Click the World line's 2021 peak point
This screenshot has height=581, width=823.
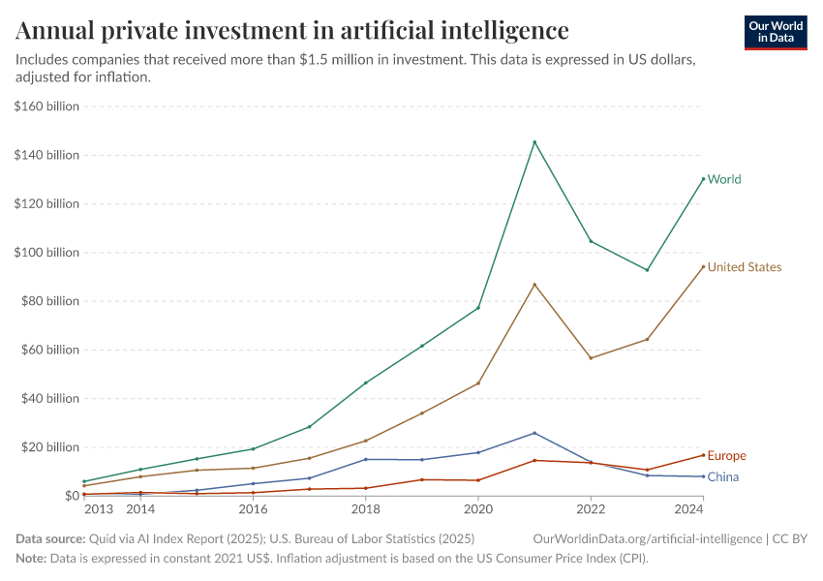pos(534,142)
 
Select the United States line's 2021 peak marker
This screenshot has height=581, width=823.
pos(534,285)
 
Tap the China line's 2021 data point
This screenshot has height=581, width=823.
pos(534,433)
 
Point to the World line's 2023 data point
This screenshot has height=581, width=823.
pos(647,270)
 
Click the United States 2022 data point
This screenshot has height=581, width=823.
pos(591,358)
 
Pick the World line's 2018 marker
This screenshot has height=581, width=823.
pos(365,382)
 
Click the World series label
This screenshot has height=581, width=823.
pos(724,179)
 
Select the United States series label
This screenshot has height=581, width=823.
pos(744,267)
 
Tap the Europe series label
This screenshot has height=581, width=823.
pos(726,456)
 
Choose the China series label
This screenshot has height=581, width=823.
pos(722,476)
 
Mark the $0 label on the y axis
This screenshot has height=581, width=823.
pos(70,496)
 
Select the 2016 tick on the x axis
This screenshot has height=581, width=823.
pos(253,508)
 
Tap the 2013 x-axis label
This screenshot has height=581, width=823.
pos(97,508)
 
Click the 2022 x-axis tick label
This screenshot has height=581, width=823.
pos(591,508)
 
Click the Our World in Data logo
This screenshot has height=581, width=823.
pos(775,32)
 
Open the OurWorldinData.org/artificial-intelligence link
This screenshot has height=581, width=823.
pos(647,537)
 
